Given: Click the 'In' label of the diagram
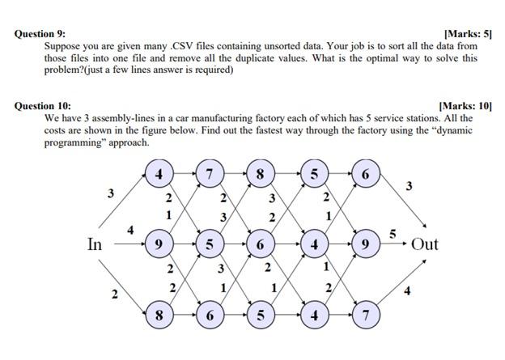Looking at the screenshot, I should [x=95, y=244].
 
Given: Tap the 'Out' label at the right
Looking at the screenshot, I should [x=424, y=244].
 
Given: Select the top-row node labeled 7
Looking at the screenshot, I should [x=210, y=174].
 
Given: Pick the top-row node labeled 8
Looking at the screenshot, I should [x=260, y=174].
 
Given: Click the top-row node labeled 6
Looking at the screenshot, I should [x=365, y=174].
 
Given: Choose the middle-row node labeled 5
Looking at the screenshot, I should [x=210, y=243].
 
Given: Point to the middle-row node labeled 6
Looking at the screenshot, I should [x=260, y=243].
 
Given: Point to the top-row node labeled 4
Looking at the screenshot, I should [x=159, y=174].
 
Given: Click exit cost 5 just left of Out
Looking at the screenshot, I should [x=393, y=233].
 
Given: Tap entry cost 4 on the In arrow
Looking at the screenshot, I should [x=130, y=231].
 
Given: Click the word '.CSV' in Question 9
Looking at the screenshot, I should [x=183, y=47].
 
